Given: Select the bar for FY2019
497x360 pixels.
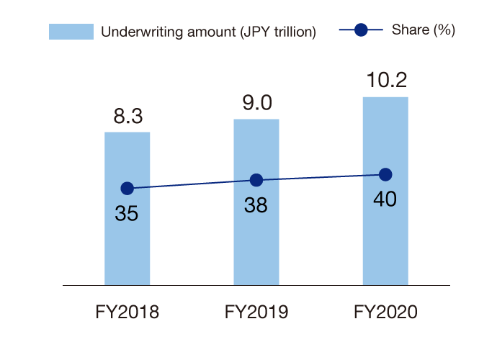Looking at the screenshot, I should tap(256, 238).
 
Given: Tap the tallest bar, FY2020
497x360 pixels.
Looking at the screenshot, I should tap(385, 230).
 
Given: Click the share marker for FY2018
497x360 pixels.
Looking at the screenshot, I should tap(127, 189).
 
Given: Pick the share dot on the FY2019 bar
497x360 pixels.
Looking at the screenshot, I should tap(256, 180).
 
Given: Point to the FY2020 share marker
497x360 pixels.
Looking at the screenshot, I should tap(385, 174).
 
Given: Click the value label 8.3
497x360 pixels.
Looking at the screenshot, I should tap(127, 117).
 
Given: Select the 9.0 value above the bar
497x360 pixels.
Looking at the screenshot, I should tap(256, 103).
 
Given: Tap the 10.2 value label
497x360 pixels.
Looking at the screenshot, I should tap(385, 81).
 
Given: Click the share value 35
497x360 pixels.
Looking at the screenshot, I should tap(127, 214).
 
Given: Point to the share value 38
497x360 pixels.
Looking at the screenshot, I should tap(256, 205).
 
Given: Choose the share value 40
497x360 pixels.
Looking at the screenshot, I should tap(385, 199).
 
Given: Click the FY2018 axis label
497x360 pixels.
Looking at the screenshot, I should tap(127, 312).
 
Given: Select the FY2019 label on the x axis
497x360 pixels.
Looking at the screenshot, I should tap(256, 312).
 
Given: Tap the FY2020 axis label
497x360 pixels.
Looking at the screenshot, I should tap(385, 312).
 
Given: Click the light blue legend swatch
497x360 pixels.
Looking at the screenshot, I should tap(71, 32).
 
